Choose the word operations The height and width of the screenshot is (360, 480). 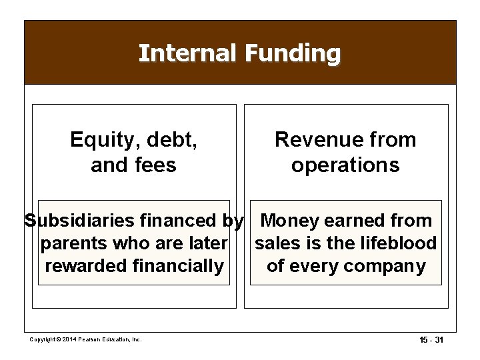pos(345,165)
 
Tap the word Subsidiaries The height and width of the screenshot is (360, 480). pos(76,221)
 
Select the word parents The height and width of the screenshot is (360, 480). pos(75,243)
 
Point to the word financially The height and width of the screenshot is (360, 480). pos(179,266)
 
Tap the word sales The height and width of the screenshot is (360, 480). pos(278,243)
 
